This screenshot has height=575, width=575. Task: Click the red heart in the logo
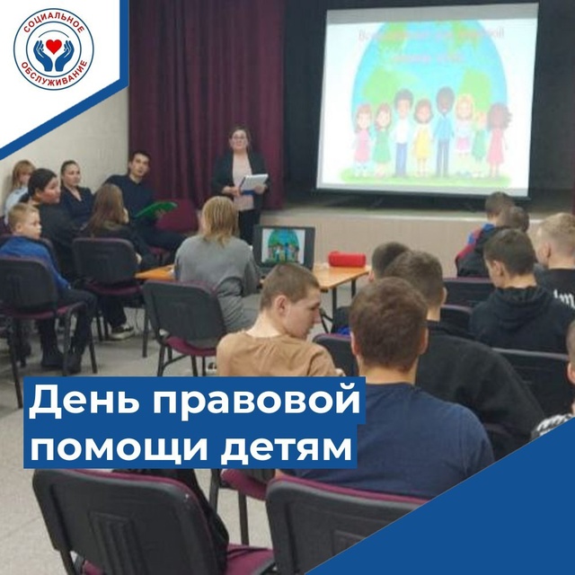click(53, 43)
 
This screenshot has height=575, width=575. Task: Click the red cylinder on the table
click(347, 259)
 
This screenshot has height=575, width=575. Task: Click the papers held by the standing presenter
click(254, 182)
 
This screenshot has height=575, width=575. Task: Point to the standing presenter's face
click(240, 141)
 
